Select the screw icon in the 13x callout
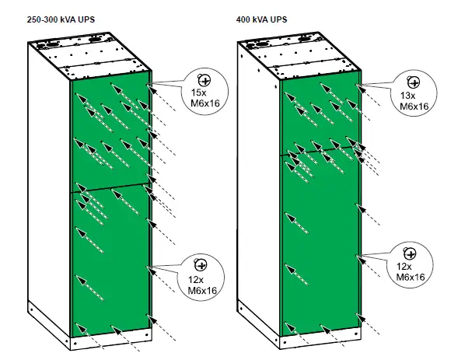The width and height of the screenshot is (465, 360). point(412,82)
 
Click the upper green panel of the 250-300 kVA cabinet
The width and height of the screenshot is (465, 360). point(109,132)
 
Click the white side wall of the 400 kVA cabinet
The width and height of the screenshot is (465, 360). point(257,194)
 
